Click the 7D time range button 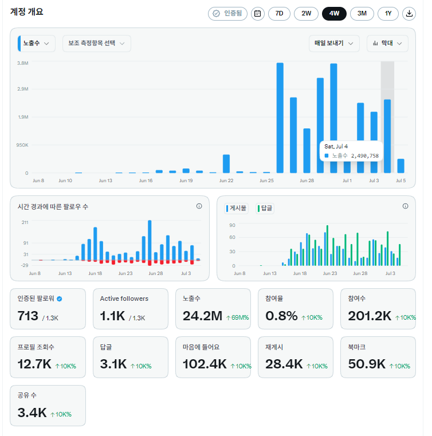[x=279, y=14]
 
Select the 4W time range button [x=334, y=14]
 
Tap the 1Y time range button [x=388, y=14]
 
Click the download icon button [x=409, y=14]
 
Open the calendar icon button [x=258, y=14]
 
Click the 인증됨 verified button [x=227, y=14]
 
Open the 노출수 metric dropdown [x=37, y=44]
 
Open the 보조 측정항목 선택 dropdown [x=97, y=44]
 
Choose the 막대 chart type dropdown [x=387, y=44]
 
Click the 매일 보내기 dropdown [x=334, y=44]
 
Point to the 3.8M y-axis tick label [x=23, y=63]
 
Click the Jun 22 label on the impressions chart [x=226, y=180]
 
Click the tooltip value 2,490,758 [x=365, y=156]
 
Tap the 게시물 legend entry [x=236, y=209]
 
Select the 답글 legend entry [x=265, y=209]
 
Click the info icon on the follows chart [x=199, y=206]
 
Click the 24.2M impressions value [x=202, y=316]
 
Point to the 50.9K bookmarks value [x=367, y=364]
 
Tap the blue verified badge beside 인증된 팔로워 [x=60, y=299]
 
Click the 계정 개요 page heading [x=27, y=11]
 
